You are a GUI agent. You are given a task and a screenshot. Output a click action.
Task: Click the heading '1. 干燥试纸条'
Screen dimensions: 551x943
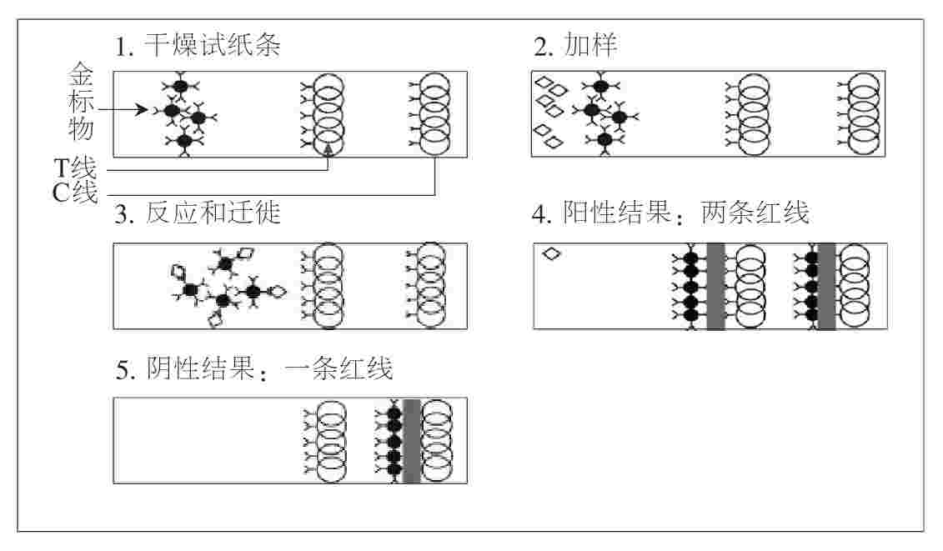coord(198,46)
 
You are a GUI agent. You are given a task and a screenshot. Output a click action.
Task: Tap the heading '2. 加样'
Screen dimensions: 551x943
coord(575,46)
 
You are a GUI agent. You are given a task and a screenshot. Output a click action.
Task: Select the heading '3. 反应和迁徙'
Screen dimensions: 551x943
coord(198,214)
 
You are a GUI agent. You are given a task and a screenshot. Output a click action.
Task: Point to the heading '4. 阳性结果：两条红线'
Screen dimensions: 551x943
coord(671,213)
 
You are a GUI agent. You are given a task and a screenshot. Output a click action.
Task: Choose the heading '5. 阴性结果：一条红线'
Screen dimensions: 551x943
coord(254,368)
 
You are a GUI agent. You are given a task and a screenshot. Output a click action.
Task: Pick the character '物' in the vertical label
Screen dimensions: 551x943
coord(82,131)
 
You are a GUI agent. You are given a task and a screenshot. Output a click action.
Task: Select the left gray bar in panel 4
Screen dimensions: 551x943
coord(715,286)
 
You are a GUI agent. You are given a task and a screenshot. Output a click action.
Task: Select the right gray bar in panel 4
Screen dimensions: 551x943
coord(826,286)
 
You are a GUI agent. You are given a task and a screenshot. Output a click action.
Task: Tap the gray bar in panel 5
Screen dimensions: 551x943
coord(411,441)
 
